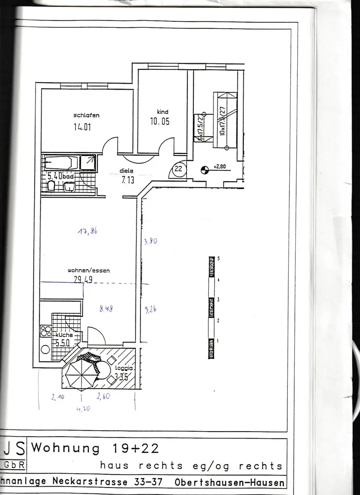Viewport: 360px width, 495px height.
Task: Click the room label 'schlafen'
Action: point(87,115)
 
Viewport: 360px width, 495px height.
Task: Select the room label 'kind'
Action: point(163,112)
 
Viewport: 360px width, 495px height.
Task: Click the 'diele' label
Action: point(127,171)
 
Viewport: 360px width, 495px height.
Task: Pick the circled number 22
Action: point(178,169)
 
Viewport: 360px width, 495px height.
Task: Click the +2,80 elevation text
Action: point(220,167)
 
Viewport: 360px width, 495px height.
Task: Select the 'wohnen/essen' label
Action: point(89,271)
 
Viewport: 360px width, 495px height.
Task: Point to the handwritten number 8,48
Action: point(106,310)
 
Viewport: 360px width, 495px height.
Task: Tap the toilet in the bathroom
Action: point(51,186)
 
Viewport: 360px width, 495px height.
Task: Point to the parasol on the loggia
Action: point(82,371)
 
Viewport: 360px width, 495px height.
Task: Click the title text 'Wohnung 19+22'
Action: point(95,448)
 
